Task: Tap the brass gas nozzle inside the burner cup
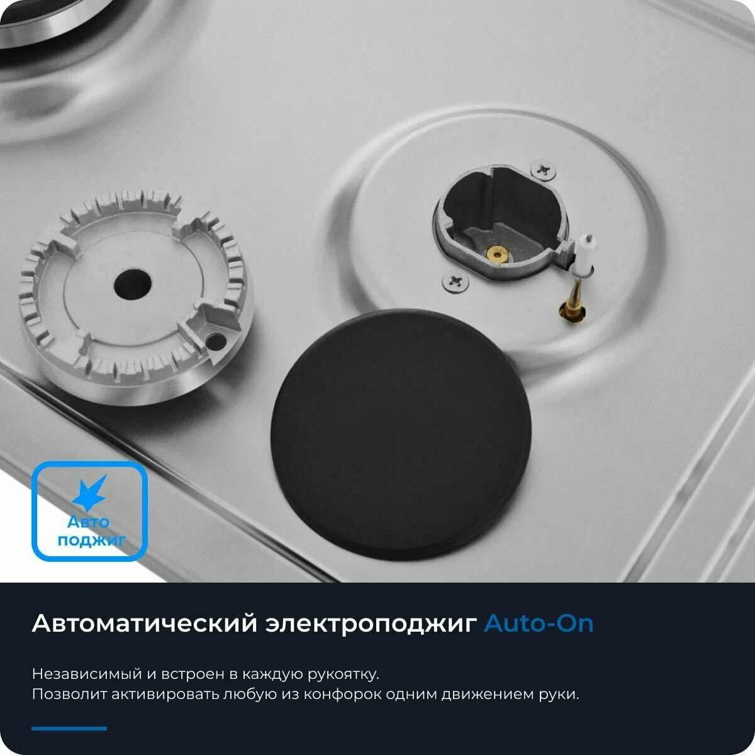[498, 255]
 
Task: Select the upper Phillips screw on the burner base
[543, 171]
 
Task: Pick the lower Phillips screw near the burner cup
[456, 281]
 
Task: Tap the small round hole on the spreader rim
[215, 342]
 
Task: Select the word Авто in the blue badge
[89, 522]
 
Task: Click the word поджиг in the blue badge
[91, 540]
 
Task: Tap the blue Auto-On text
[539, 624]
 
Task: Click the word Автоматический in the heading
[144, 624]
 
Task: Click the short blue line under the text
[69, 729]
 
